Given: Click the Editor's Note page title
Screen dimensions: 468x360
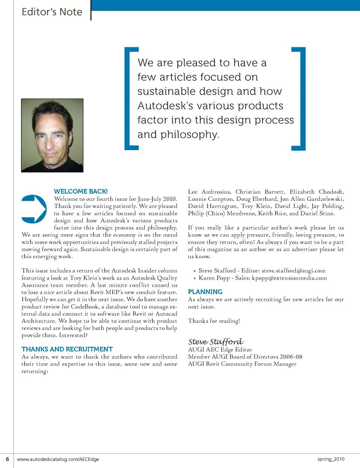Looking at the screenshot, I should click(x=52, y=12).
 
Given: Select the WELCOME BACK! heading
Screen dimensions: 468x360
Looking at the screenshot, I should click(x=81, y=191).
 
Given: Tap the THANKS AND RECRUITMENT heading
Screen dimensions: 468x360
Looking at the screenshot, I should click(x=67, y=349).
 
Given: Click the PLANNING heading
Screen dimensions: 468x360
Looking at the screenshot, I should click(x=205, y=292).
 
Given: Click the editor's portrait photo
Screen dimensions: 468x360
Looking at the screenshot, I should click(x=52, y=135).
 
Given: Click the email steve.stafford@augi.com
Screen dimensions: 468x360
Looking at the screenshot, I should click(x=294, y=271).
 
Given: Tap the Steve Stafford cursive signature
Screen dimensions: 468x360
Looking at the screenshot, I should click(x=216, y=342).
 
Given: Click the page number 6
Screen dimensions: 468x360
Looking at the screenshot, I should click(x=7, y=459).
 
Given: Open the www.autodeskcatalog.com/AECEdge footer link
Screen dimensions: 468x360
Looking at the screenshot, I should click(x=58, y=459).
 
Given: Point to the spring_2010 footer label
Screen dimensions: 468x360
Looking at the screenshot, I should click(x=330, y=459).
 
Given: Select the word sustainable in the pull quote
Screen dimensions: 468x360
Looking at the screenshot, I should click(x=162, y=92).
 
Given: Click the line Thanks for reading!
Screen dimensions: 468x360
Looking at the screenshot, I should click(x=214, y=321).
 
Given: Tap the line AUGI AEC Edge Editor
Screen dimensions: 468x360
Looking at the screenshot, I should click(x=220, y=349).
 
